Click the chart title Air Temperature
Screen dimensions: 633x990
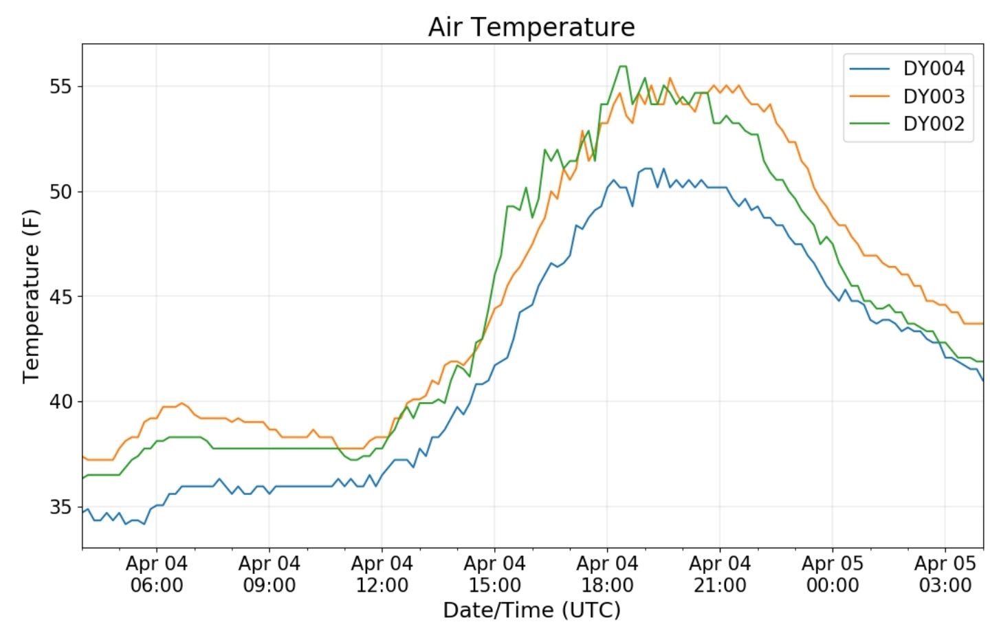pos(531,27)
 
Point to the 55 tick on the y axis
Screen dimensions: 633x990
pos(60,87)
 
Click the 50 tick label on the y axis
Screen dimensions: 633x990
pos(60,192)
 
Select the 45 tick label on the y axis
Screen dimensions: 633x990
pos(60,297)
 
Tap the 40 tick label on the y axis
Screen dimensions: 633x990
pos(60,402)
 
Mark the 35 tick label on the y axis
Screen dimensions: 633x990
pos(60,507)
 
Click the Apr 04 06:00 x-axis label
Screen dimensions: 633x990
pos(156,575)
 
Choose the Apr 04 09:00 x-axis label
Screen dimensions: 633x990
pos(269,575)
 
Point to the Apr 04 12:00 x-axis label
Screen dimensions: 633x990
pos(382,575)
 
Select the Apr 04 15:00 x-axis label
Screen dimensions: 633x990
pos(494,575)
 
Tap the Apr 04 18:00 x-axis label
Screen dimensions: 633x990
pos(607,575)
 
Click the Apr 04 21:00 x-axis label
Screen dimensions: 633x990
pos(720,575)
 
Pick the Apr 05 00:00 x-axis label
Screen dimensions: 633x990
pos(832,575)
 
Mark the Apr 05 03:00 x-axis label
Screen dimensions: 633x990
pos(945,575)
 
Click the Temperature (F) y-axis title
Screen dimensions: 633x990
pos(31,296)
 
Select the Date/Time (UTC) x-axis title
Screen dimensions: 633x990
pos(531,610)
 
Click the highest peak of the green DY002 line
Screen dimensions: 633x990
pos(623,66)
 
